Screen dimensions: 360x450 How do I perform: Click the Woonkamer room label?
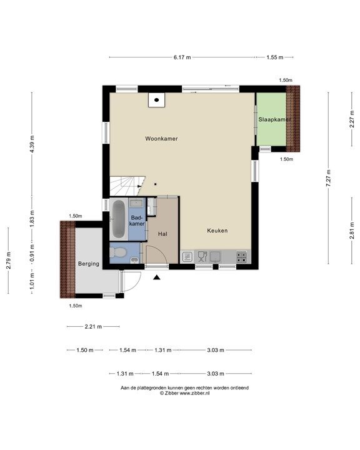(x=161, y=139)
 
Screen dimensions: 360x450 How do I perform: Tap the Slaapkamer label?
(x=275, y=119)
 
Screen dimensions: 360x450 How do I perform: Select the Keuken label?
(x=217, y=231)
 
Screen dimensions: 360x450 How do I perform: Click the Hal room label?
(x=162, y=234)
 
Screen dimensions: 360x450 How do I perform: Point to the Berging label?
(x=89, y=264)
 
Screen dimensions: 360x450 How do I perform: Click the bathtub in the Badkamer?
(x=118, y=219)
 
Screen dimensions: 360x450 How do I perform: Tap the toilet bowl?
(x=117, y=252)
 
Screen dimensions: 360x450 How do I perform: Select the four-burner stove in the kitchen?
(x=241, y=257)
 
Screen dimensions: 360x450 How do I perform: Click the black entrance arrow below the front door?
(x=156, y=277)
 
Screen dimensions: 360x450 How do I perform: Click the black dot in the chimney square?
(x=156, y=100)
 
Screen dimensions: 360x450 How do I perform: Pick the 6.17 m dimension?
(x=182, y=57)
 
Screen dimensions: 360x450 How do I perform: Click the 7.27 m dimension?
(x=329, y=178)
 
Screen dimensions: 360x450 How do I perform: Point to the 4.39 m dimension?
(x=32, y=144)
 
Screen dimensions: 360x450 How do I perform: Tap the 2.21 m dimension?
(x=93, y=326)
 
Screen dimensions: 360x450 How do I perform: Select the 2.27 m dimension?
(x=352, y=119)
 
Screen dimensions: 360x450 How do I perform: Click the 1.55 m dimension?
(x=275, y=57)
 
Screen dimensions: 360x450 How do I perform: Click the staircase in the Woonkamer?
(x=127, y=186)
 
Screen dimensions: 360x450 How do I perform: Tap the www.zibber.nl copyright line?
(x=184, y=393)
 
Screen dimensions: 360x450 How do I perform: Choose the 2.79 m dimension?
(x=9, y=260)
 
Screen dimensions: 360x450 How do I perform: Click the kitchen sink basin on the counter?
(x=215, y=256)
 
